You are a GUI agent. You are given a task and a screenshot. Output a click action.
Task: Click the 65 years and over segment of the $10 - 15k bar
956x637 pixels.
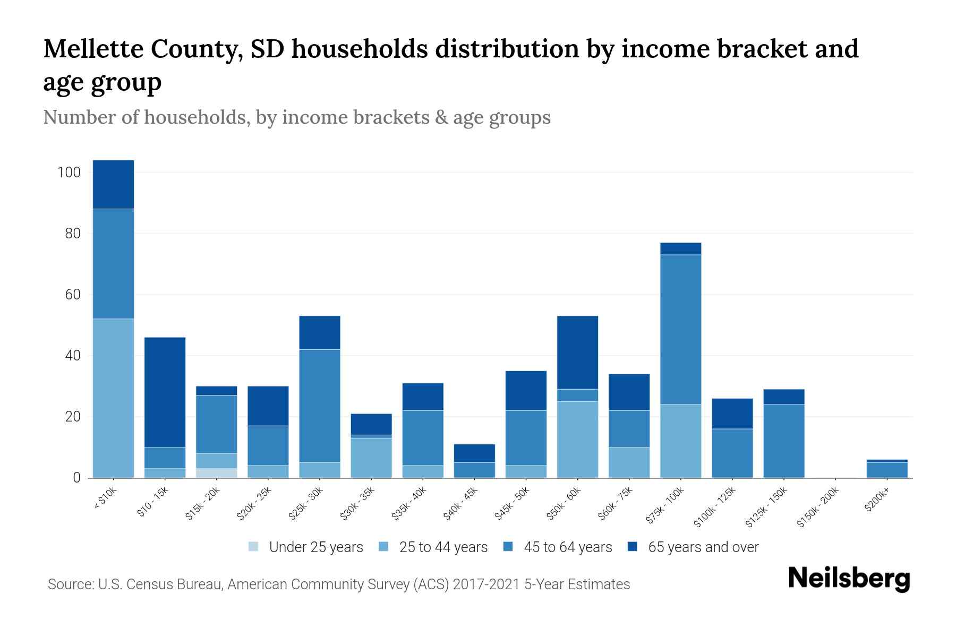click(x=165, y=392)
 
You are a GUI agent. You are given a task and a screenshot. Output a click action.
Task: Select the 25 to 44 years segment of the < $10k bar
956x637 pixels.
click(x=113, y=398)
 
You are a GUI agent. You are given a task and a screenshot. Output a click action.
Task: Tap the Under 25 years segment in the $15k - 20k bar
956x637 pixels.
click(x=216, y=472)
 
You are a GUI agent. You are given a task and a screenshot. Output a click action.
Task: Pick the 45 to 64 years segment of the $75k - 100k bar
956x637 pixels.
click(x=680, y=329)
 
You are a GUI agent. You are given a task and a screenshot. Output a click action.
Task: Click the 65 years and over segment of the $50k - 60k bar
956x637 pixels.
click(x=577, y=352)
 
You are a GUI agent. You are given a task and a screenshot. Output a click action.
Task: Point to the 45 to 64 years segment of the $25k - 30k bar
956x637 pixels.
click(x=319, y=406)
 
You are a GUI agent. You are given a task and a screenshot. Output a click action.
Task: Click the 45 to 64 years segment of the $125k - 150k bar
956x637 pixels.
click(x=783, y=441)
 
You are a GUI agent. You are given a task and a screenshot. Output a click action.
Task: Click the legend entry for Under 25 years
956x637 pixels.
click(x=306, y=547)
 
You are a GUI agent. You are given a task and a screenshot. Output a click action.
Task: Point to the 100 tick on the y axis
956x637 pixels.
click(x=69, y=173)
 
